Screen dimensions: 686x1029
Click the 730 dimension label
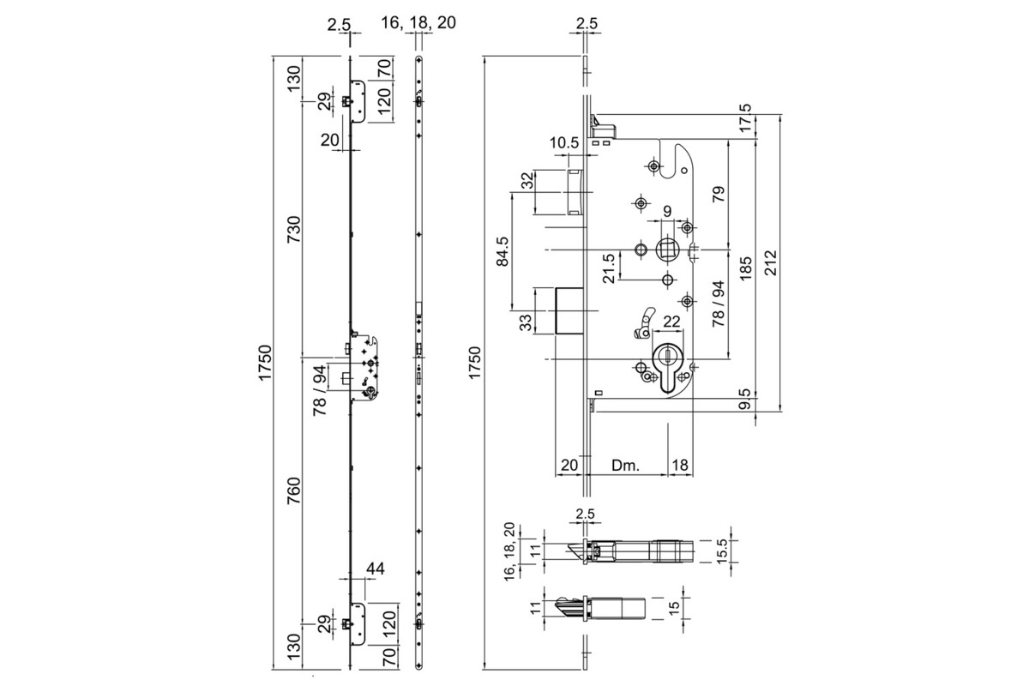click(x=293, y=229)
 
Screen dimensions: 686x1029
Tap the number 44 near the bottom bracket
click(x=375, y=568)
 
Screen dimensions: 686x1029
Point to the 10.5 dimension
click(x=564, y=143)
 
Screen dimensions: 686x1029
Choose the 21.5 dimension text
click(x=608, y=268)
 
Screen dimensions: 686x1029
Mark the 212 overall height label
click(x=771, y=262)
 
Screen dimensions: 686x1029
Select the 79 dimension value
click(x=719, y=194)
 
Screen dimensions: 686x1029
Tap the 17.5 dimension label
click(x=745, y=119)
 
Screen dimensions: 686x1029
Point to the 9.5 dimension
click(x=745, y=400)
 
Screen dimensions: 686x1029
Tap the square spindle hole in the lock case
click(x=666, y=250)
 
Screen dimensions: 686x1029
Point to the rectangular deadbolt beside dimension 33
click(x=569, y=310)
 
